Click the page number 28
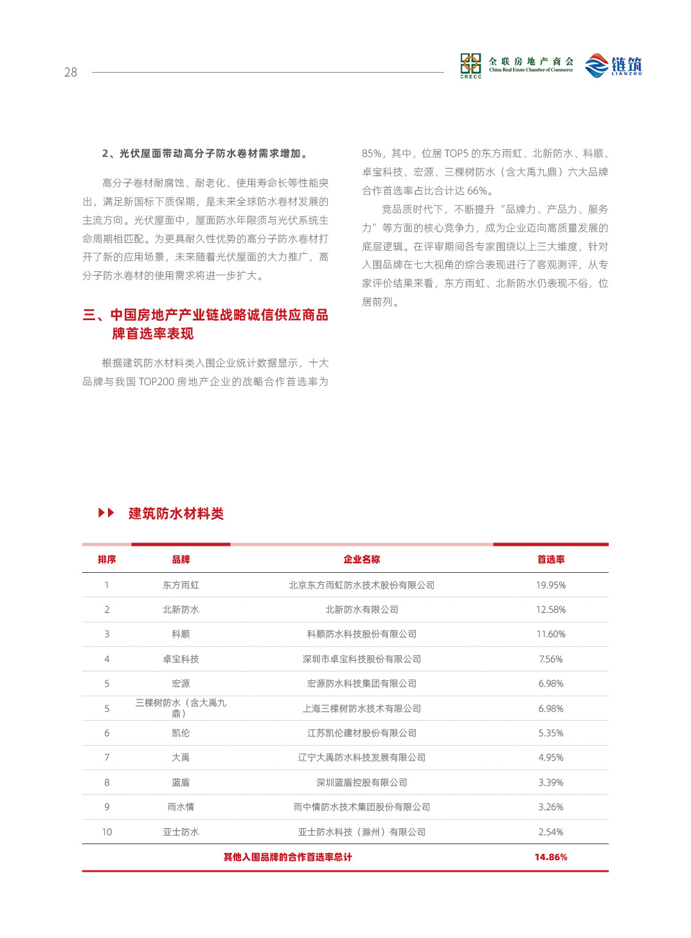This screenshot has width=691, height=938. coord(71,73)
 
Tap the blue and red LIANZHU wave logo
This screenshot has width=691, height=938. coord(597,66)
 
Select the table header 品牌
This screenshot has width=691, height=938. coord(181,559)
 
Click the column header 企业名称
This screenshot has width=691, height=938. coord(361,559)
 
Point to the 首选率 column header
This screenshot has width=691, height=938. coord(551,559)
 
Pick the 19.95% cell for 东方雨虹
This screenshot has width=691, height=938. coord(551,585)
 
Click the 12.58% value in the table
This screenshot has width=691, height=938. coord(551,609)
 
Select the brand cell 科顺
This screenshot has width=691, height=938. coord(181,634)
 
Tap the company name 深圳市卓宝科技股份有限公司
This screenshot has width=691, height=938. coord(361,659)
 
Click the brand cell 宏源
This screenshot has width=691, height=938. coord(181,683)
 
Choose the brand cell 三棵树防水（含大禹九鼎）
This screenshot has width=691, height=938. coord(181,708)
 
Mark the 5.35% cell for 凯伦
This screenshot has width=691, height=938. coord(551,733)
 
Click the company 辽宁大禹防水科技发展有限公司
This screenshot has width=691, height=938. coord(361,757)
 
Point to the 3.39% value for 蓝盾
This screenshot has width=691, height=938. coord(551,782)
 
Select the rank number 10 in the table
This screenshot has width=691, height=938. coord(107,832)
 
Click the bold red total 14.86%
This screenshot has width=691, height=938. coord(551,857)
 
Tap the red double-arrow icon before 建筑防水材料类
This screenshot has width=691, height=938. coord(106,513)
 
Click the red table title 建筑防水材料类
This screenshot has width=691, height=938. coord(176,514)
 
